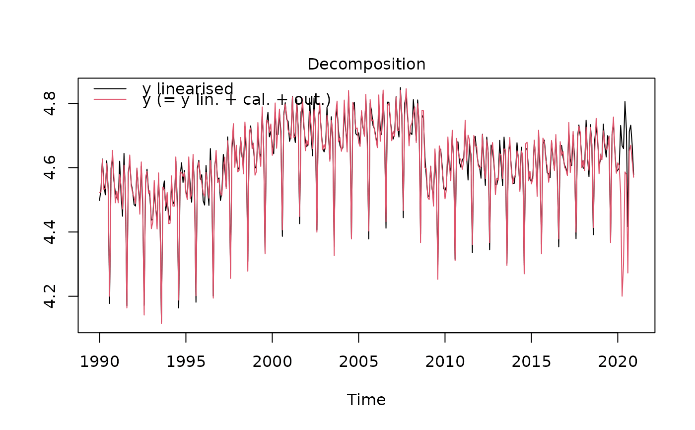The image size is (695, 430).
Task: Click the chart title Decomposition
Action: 366,65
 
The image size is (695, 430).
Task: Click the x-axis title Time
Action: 366,400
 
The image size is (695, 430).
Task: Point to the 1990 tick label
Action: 99,361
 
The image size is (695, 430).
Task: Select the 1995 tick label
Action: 186,361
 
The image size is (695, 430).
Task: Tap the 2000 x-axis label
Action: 272,361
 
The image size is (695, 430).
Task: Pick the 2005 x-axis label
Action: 358,361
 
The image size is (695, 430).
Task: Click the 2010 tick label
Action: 445,361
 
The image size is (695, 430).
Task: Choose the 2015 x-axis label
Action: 531,361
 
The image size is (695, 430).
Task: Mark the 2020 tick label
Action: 618,361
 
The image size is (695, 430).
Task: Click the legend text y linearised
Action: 188,89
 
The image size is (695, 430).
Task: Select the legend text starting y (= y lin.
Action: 236,100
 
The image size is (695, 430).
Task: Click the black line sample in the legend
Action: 110,89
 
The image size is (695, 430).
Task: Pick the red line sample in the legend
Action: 110,100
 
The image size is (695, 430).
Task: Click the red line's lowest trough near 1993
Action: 161,323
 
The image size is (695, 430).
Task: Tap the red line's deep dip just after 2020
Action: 622,296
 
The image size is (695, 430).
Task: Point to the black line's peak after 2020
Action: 625,101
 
